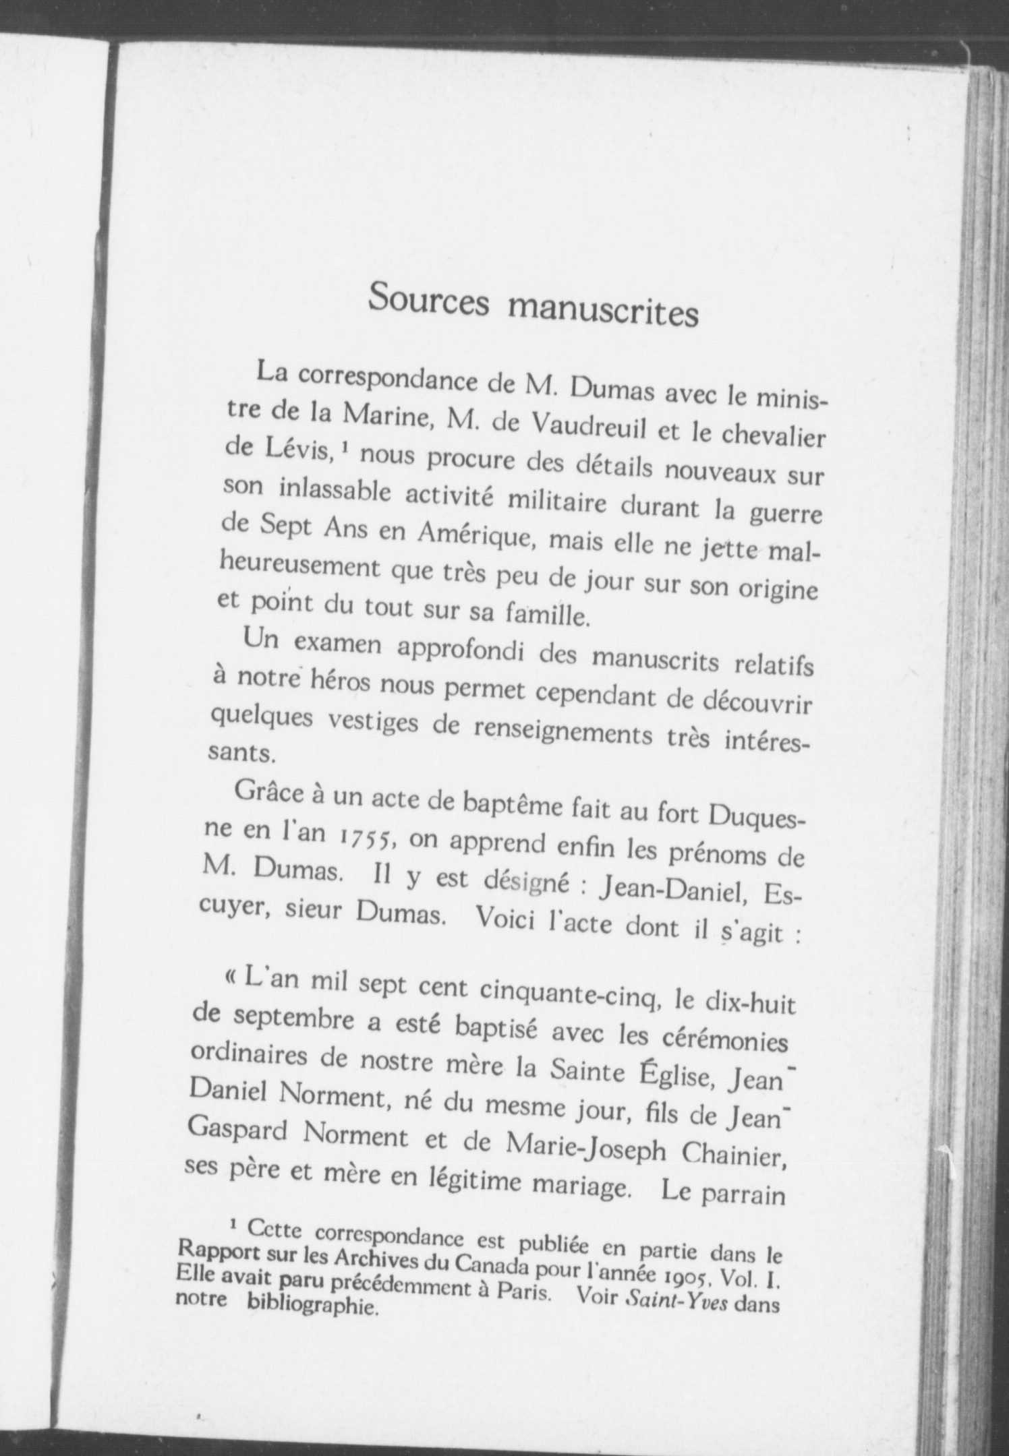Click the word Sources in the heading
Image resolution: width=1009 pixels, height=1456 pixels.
[429, 301]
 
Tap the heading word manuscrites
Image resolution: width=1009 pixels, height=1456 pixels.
[602, 311]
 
